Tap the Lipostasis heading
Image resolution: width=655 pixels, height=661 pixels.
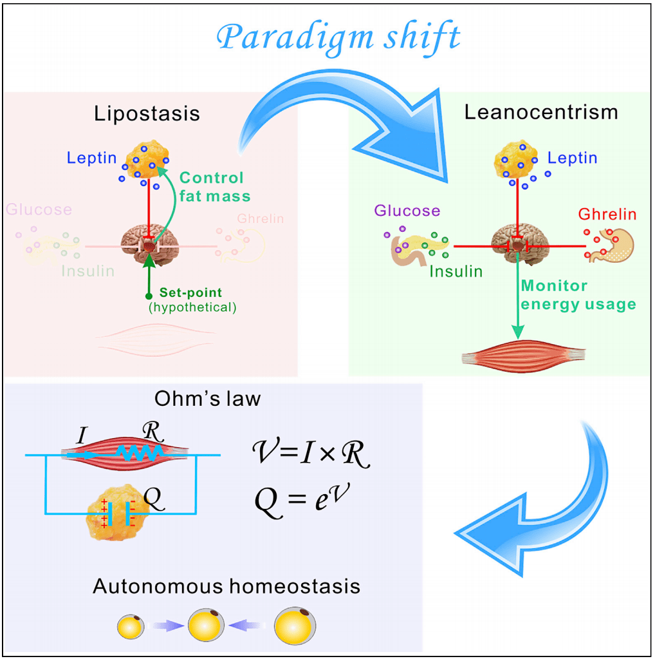(x=147, y=114)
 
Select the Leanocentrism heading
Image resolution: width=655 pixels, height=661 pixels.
(x=541, y=112)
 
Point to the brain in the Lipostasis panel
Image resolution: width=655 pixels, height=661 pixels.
(x=149, y=242)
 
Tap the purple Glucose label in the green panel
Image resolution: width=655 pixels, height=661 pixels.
(x=407, y=211)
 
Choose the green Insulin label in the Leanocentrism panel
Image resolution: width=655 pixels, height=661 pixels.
(x=456, y=271)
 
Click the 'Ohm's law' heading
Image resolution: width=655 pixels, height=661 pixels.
(x=208, y=399)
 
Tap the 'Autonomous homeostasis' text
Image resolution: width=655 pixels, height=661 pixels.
(x=226, y=587)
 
